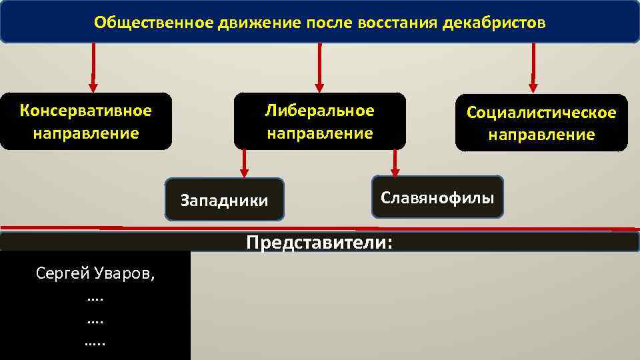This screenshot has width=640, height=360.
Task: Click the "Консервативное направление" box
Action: (x=86, y=121)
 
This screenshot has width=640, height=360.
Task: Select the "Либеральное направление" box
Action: (x=319, y=121)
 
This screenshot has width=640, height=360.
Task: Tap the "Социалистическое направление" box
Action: (x=541, y=123)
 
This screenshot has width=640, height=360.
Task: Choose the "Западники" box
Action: (x=224, y=199)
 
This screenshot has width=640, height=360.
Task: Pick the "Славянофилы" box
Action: (x=437, y=197)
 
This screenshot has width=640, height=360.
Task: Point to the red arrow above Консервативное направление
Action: (x=93, y=67)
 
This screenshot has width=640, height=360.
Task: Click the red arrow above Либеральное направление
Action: (x=319, y=67)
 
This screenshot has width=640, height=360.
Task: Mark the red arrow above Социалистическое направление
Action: (x=533, y=67)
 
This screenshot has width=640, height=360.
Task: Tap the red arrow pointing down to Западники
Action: (x=244, y=163)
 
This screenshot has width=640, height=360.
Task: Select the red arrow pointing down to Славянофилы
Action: (x=395, y=162)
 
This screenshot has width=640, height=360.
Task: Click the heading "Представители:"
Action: (x=319, y=242)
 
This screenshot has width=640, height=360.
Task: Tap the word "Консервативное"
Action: (x=86, y=110)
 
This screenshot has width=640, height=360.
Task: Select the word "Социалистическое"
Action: (x=541, y=113)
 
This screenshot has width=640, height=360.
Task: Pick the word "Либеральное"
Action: (x=319, y=110)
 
